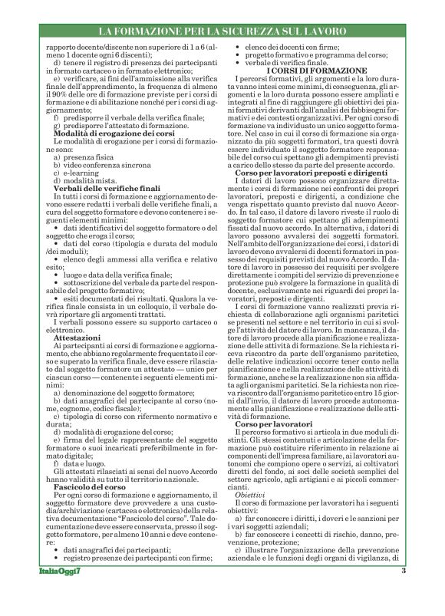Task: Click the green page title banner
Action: coord(222,31)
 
